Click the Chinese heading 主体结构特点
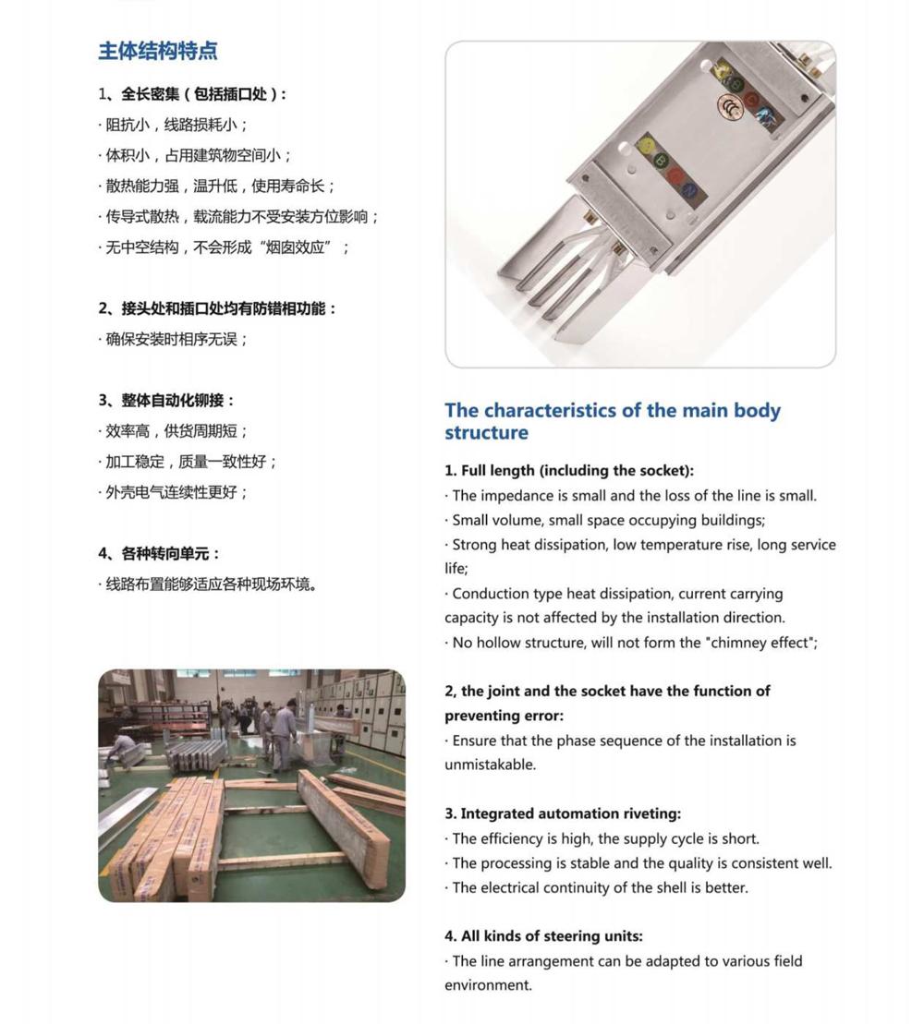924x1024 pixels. point(158,51)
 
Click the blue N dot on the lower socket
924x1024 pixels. point(689,190)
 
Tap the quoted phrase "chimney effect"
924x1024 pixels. point(760,643)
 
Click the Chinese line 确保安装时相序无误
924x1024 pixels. point(176,339)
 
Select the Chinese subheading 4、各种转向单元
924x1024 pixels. point(160,553)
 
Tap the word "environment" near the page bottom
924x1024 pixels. point(489,985)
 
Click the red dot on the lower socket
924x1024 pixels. point(675,175)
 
